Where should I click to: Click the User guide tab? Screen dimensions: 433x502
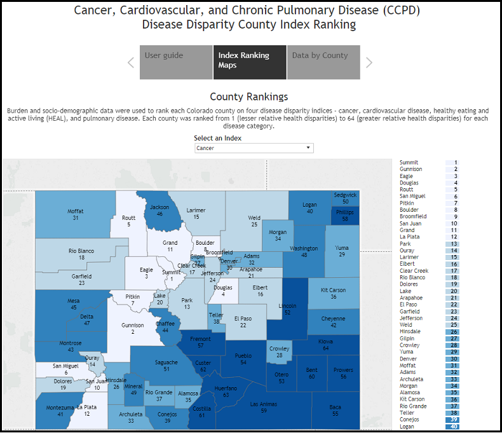pyautogui.click(x=176, y=62)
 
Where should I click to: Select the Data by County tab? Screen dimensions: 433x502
pyautogui.click(x=323, y=62)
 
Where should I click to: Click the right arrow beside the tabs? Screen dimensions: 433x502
pyautogui.click(x=369, y=62)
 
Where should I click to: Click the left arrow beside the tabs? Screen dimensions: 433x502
pyautogui.click(x=131, y=62)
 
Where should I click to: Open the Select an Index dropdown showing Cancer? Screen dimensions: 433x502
pyautogui.click(x=254, y=148)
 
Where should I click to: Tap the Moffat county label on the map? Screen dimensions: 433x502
pyautogui.click(x=76, y=214)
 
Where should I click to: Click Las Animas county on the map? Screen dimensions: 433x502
pyautogui.click(x=264, y=408)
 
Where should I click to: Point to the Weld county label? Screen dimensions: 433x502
pyautogui.click(x=254, y=221)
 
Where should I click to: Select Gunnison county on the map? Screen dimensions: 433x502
pyautogui.click(x=133, y=328)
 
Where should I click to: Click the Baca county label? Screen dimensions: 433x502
pyautogui.click(x=335, y=410)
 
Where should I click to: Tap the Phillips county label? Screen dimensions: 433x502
pyautogui.click(x=344, y=215)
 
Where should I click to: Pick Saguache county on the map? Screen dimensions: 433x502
pyautogui.click(x=166, y=366)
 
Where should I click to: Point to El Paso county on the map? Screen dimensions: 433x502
pyautogui.click(x=243, y=321)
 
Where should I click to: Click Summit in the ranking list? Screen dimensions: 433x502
pyautogui.click(x=409, y=163)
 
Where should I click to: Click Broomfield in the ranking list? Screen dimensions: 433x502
pyautogui.click(x=413, y=216)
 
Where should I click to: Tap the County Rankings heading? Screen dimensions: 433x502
pyautogui.click(x=248, y=97)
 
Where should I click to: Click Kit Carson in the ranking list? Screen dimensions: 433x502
pyautogui.click(x=412, y=399)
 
